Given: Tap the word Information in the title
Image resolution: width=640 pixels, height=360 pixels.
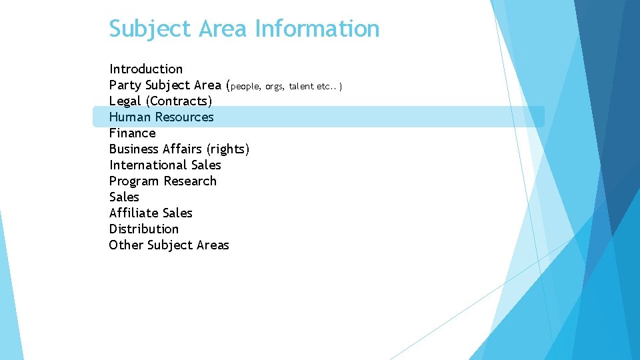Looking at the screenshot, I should pyautogui.click(x=317, y=29).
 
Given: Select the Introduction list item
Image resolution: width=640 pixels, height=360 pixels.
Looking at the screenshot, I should pyautogui.click(x=145, y=69).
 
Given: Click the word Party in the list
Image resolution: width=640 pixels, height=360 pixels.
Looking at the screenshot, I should pyautogui.click(x=125, y=85).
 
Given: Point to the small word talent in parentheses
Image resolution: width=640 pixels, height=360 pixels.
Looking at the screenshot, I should pyautogui.click(x=301, y=86).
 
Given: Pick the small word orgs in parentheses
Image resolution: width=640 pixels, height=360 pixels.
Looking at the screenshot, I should pyautogui.click(x=274, y=86).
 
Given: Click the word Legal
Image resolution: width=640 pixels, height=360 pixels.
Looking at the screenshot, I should pyautogui.click(x=125, y=101).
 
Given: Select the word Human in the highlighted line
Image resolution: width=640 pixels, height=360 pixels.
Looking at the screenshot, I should pyautogui.click(x=130, y=117).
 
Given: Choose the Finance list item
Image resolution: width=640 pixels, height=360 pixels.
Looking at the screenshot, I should pyautogui.click(x=132, y=133).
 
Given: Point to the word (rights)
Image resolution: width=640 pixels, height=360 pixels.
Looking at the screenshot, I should pyautogui.click(x=228, y=149).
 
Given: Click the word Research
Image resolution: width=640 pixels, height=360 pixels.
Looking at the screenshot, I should pyautogui.click(x=190, y=181).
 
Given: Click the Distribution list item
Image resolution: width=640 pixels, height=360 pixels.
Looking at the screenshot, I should pyautogui.click(x=143, y=229).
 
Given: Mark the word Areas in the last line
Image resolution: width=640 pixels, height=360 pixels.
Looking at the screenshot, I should pyautogui.click(x=212, y=245).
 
